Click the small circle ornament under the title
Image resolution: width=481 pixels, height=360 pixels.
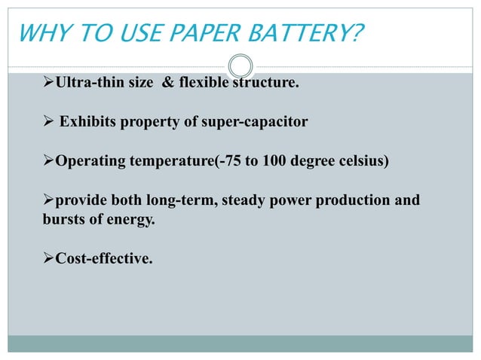coord(240,64)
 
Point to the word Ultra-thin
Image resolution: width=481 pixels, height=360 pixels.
coord(87,82)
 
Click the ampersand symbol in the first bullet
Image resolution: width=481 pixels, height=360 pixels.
coord(167,82)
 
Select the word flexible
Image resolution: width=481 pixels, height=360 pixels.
coord(204,82)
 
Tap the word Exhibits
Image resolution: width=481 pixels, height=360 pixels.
coord(90,121)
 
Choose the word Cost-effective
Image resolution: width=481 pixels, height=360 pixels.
coord(104,259)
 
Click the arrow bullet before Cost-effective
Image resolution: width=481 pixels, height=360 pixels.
coord(48,259)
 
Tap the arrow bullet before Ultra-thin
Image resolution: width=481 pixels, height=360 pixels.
coord(48,82)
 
